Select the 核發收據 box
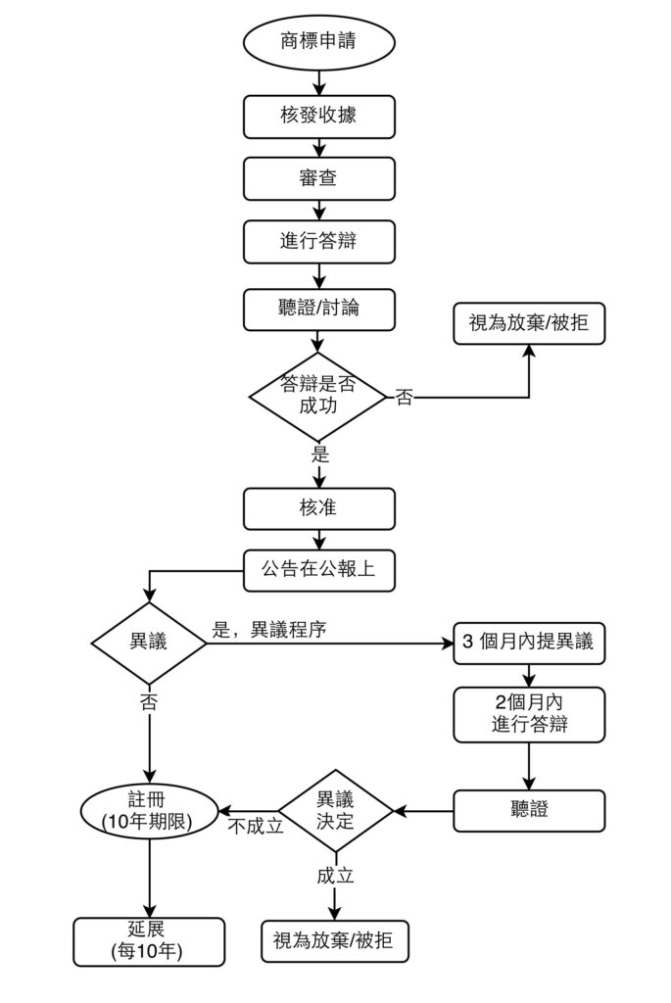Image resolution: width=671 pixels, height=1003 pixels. (318, 116)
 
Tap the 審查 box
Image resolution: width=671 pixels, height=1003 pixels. (318, 178)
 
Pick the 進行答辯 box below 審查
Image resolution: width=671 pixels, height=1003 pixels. (318, 241)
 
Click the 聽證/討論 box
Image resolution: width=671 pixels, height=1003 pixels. (318, 309)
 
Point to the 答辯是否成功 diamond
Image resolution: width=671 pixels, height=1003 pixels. (318, 395)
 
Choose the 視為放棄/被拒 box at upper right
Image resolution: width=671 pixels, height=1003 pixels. (529, 321)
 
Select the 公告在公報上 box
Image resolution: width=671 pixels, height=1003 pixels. (318, 569)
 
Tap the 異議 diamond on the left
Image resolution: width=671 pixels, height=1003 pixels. (149, 643)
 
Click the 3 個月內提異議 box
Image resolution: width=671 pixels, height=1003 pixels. (529, 644)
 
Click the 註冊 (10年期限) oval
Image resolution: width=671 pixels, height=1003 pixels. (149, 810)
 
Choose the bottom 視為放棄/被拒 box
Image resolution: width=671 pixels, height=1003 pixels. (335, 940)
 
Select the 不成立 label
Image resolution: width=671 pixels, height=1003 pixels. (256, 826)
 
